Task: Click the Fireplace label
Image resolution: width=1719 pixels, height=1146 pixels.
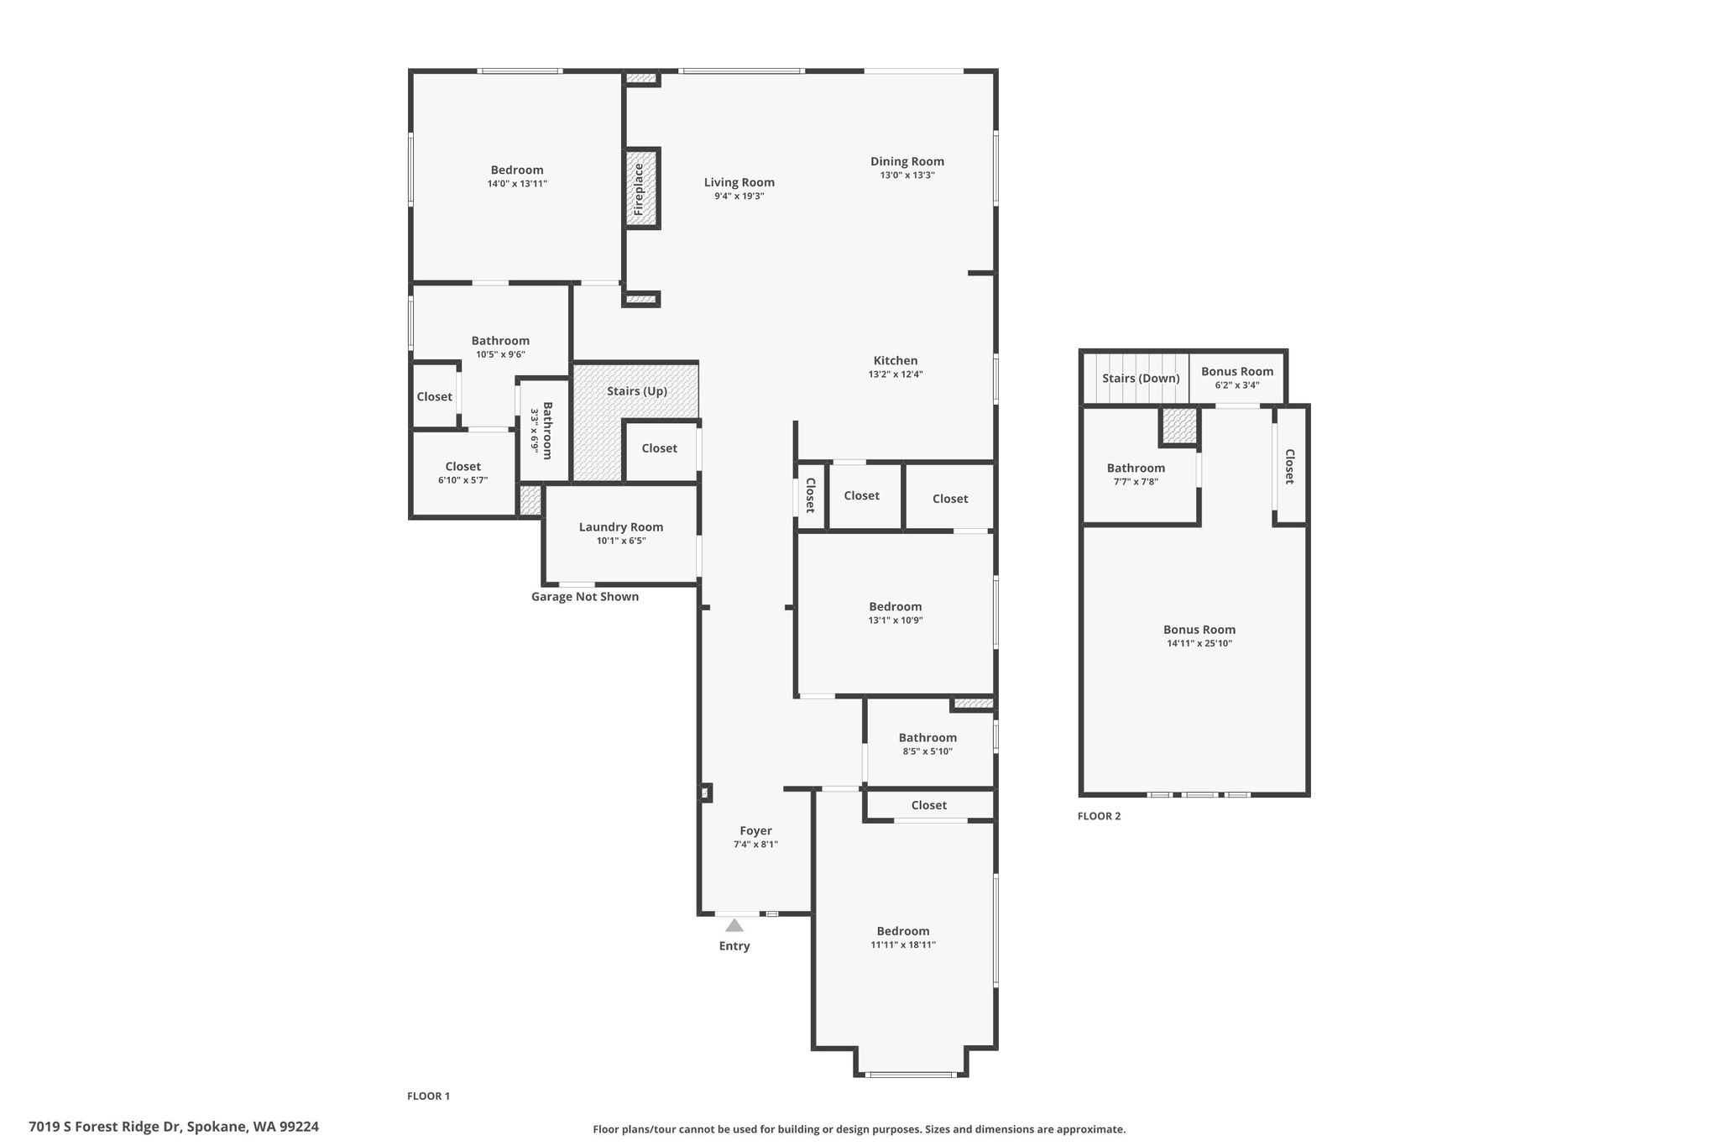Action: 639,189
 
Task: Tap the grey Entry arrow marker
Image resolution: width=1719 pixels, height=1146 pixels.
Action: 734,925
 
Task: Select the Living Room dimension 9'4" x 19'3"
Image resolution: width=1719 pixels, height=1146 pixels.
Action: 739,196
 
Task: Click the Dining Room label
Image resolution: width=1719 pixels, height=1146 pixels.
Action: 907,161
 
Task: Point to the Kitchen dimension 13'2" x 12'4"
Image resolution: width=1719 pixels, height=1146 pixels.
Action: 896,374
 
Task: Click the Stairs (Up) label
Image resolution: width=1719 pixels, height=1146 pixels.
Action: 637,391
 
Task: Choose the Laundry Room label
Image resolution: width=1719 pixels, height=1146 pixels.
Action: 621,527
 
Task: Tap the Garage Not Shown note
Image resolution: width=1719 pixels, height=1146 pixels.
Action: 585,597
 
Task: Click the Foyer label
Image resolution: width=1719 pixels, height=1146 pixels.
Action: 756,831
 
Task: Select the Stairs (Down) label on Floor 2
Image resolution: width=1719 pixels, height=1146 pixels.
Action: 1141,379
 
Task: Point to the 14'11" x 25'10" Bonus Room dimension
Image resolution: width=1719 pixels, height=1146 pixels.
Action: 1199,644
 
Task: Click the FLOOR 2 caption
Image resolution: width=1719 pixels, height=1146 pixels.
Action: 1100,816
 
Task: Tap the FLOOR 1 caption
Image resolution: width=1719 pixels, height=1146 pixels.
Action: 429,1096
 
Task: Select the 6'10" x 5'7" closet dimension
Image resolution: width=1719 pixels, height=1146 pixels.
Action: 463,480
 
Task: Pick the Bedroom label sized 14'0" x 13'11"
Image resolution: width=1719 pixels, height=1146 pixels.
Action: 517,170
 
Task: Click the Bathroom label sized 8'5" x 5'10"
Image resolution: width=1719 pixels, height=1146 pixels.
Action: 927,738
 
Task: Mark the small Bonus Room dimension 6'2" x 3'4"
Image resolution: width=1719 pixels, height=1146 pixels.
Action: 1237,385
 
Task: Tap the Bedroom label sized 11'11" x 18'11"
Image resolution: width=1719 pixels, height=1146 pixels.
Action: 903,931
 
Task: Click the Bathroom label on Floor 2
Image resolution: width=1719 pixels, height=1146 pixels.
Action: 1136,468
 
